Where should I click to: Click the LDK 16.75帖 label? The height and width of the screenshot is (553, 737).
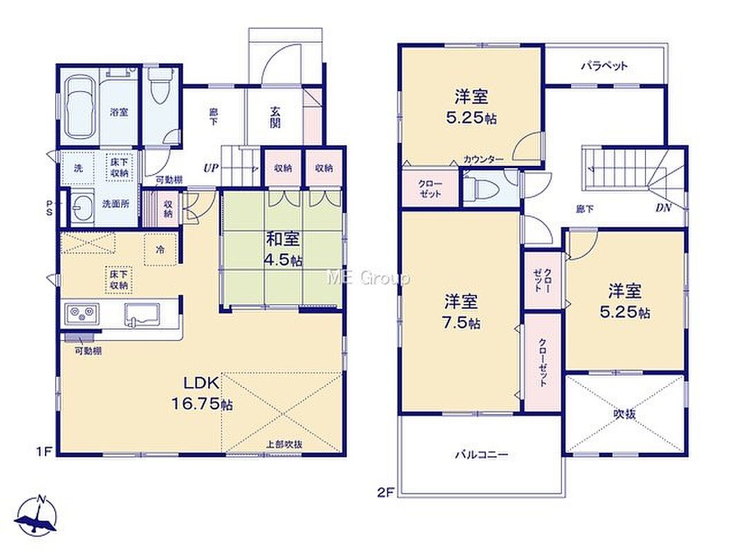pyautogui.click(x=202, y=395)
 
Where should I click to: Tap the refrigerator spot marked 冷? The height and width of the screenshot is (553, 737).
pyautogui.click(x=161, y=250)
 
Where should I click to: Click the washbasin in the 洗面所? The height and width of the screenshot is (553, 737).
pyautogui.click(x=83, y=207)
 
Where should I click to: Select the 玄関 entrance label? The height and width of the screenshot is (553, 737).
pyautogui.click(x=275, y=117)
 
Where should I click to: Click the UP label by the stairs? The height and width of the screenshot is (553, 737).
pyautogui.click(x=211, y=168)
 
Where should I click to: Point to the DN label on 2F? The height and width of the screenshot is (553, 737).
pyautogui.click(x=663, y=207)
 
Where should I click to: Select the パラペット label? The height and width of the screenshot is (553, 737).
pyautogui.click(x=604, y=66)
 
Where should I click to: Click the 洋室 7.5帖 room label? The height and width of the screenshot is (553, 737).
pyautogui.click(x=462, y=312)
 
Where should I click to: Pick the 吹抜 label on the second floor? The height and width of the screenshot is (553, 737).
pyautogui.click(x=625, y=414)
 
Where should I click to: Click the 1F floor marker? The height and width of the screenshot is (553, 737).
pyautogui.click(x=44, y=452)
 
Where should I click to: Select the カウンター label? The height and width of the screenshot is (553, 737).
pyautogui.click(x=483, y=160)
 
